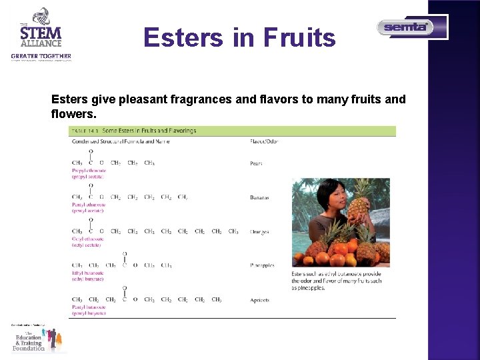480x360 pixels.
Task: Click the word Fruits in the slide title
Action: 299,38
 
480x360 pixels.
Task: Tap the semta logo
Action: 406,27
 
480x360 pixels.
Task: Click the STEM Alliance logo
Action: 41,34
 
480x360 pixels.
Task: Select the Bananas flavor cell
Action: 260,197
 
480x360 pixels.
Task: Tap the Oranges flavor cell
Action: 259,232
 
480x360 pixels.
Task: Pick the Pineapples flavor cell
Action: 262,265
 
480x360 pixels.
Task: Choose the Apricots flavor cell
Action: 260,300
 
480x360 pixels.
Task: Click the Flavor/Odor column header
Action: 263,141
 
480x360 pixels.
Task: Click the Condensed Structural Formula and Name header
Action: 121,141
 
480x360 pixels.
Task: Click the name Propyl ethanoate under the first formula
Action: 89,171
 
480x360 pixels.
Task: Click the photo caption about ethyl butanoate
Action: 337,281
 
